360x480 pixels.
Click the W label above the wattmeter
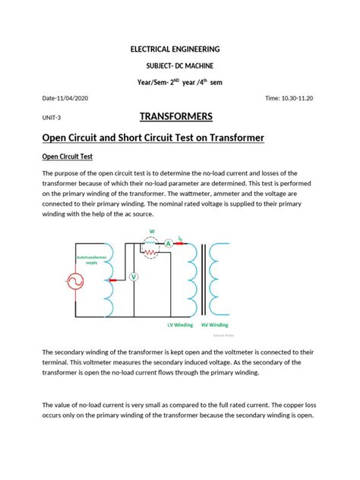point(152,232)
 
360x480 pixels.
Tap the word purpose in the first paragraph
point(77,173)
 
